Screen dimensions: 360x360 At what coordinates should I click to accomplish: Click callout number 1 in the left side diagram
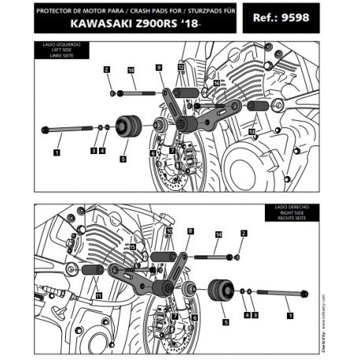point(57,145)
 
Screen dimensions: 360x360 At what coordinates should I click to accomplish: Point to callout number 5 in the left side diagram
point(123,158)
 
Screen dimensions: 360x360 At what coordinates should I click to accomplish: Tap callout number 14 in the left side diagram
point(130,70)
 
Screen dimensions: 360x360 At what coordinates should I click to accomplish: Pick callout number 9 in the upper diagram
point(159,68)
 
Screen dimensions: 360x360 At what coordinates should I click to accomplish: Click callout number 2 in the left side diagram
point(106,70)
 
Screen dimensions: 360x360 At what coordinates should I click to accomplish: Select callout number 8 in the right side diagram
point(191,231)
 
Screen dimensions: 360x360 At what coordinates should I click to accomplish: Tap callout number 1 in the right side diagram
point(292,315)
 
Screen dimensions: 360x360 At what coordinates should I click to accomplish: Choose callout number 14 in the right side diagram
point(219,234)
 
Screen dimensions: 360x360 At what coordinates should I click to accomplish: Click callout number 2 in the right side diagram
point(244,233)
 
